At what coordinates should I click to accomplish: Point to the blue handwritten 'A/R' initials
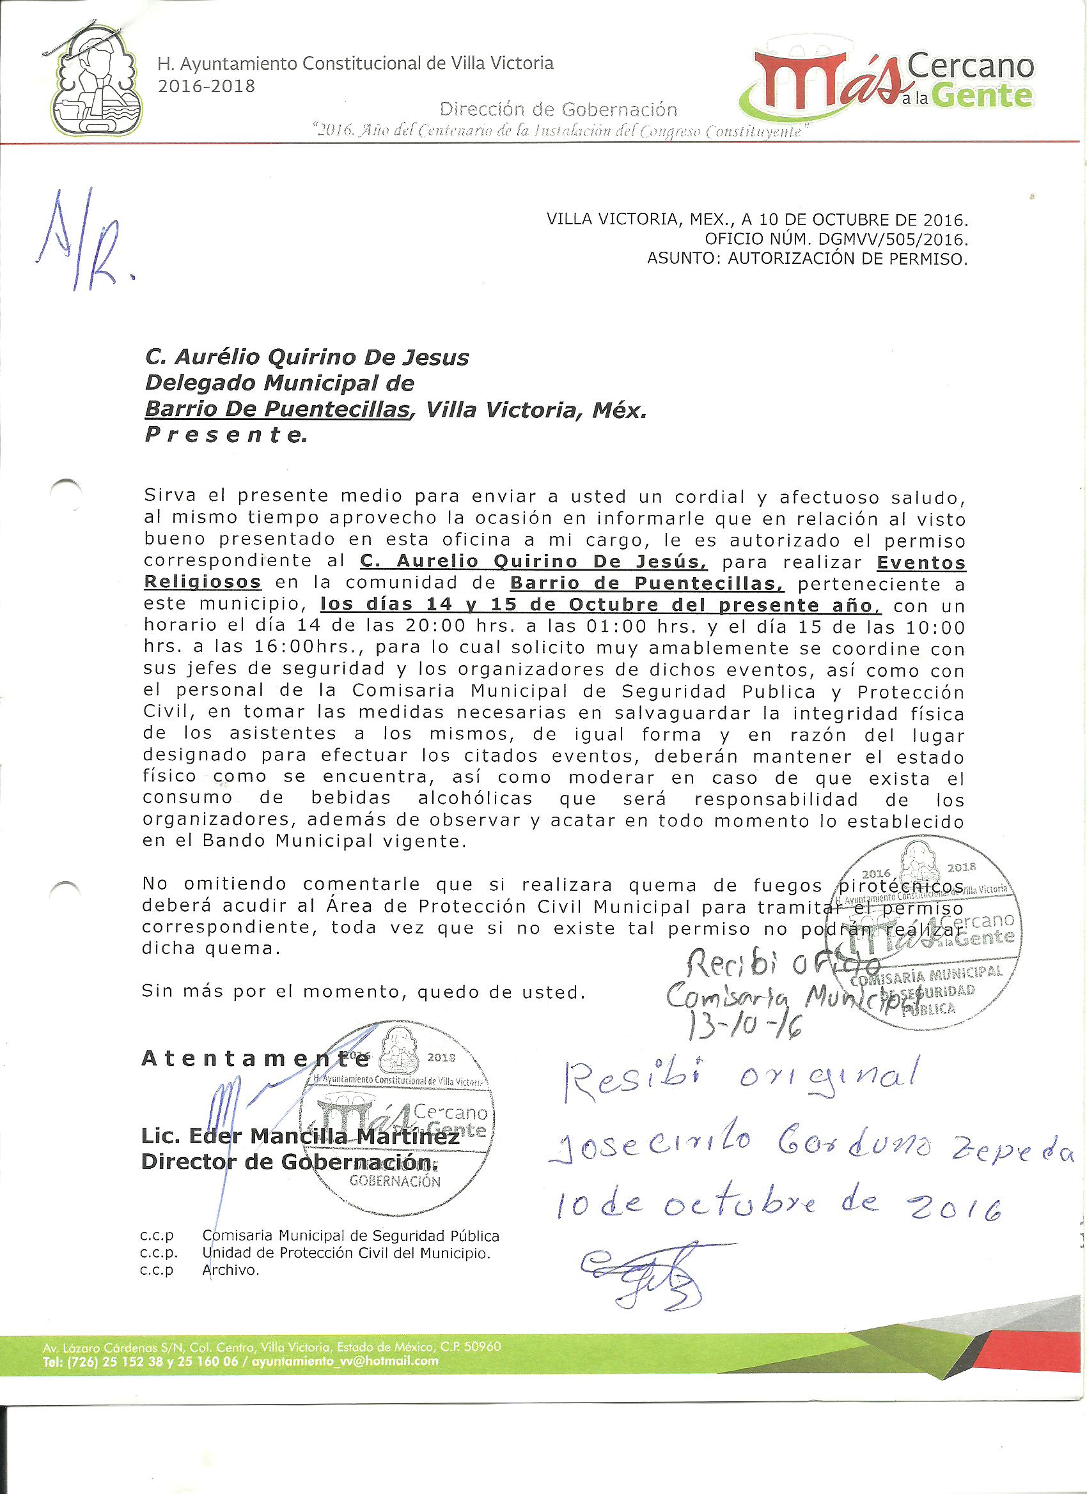(x=82, y=242)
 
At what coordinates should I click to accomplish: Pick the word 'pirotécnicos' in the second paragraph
(x=900, y=885)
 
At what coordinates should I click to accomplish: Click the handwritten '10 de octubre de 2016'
(x=778, y=1205)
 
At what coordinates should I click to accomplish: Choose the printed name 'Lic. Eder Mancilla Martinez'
(x=300, y=1136)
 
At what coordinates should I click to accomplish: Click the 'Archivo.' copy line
(x=231, y=1271)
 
